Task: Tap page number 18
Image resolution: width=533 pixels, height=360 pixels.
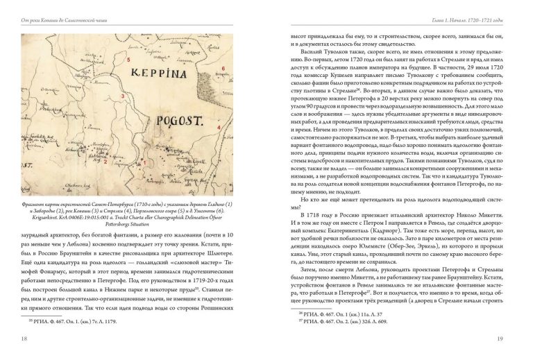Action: coord(26,338)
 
